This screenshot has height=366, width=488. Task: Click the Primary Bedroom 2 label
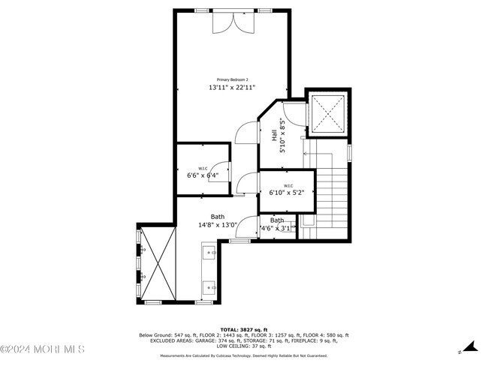point(232,79)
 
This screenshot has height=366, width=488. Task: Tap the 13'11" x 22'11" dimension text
point(232,88)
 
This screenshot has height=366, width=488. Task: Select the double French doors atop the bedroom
point(228,22)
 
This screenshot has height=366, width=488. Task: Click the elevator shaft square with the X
point(327,114)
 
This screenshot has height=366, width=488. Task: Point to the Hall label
point(273,136)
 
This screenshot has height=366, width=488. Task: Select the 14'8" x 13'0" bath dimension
point(217,224)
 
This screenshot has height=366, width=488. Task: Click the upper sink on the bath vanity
point(209,253)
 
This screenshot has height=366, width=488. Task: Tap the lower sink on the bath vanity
point(209,286)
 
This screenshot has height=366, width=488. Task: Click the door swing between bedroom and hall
point(244,133)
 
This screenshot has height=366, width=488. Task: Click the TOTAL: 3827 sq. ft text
point(243,330)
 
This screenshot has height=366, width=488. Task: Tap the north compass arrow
point(470,346)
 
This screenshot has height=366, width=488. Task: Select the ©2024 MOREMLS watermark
point(43,349)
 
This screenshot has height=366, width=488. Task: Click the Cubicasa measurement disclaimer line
point(243,356)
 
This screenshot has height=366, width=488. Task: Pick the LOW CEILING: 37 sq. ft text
point(243,346)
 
